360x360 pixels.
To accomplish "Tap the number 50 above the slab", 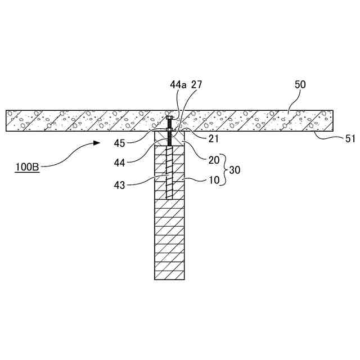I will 301,84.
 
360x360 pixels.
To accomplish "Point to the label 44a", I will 179,84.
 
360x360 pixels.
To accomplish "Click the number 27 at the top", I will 196,84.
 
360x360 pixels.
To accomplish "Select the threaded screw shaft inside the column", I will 170,174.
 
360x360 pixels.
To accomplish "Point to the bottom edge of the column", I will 170,280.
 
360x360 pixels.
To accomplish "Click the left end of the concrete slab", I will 7,120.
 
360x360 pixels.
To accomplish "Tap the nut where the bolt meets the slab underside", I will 170,133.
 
